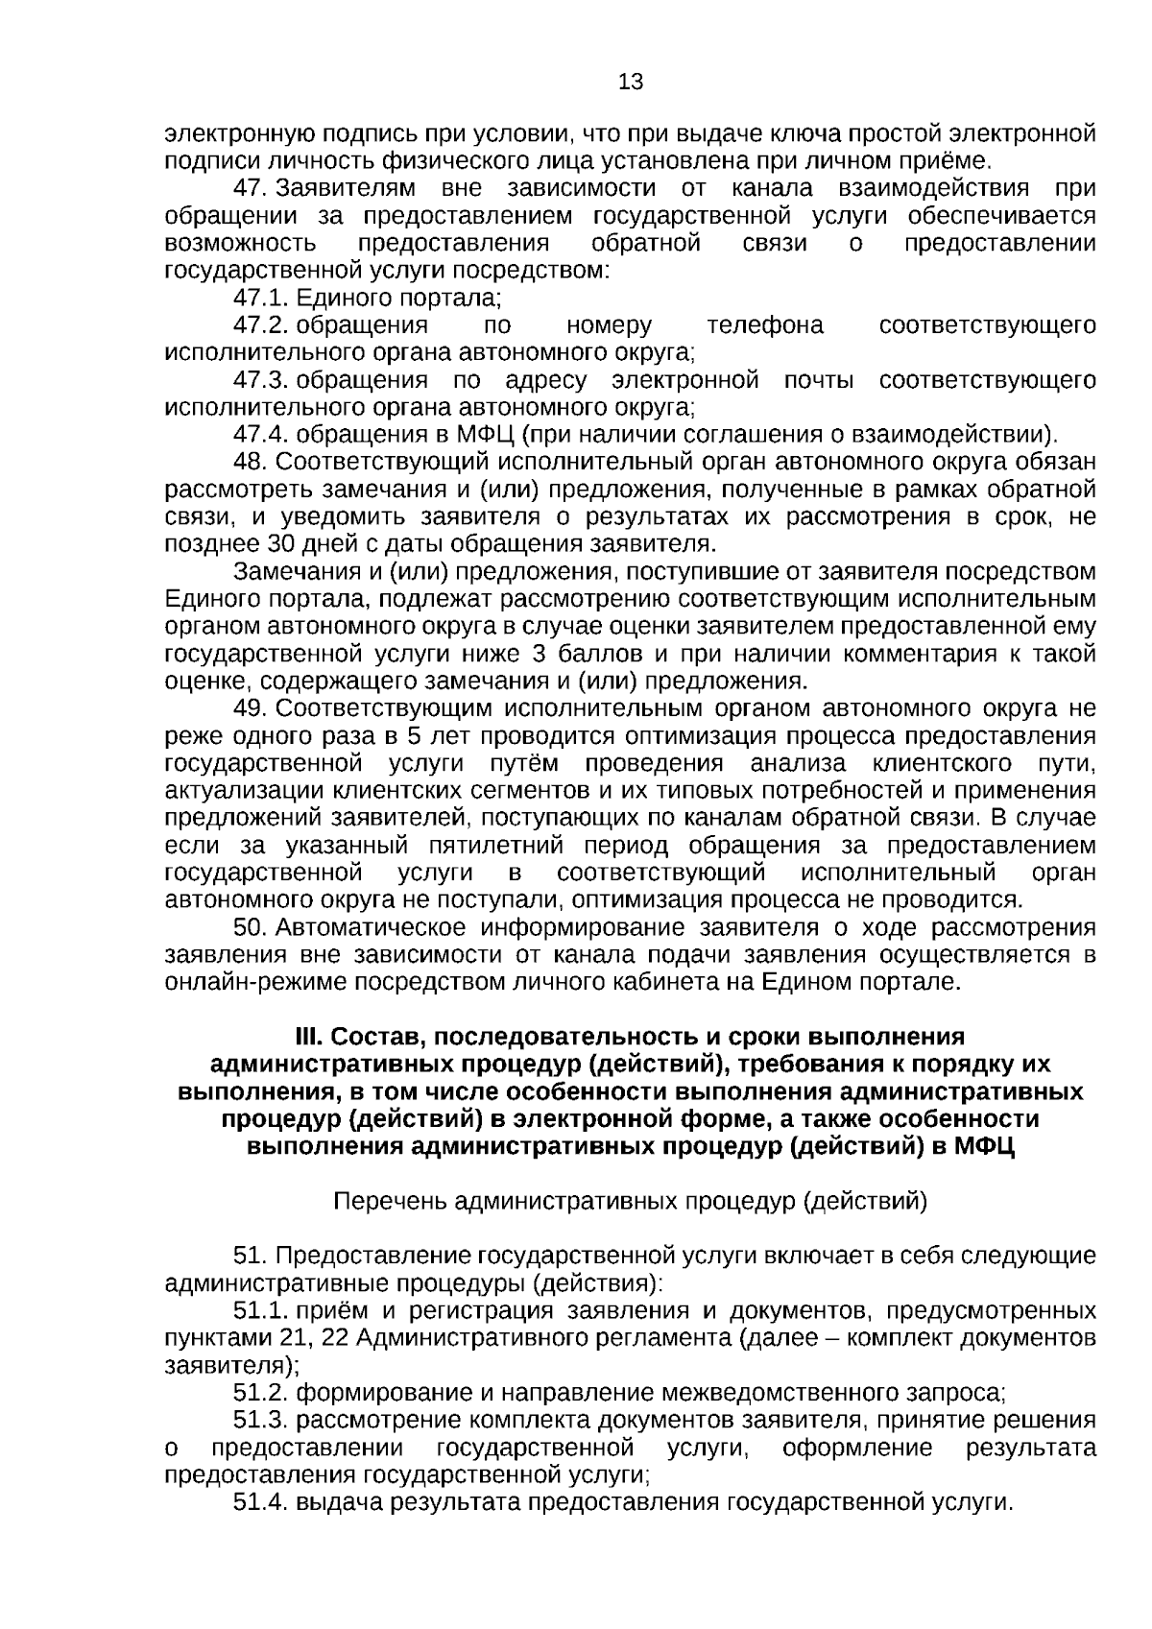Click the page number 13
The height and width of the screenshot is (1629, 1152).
pyautogui.click(x=631, y=82)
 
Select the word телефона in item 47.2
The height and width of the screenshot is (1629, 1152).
pyautogui.click(x=764, y=324)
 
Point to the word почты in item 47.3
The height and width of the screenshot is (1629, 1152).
pyautogui.click(x=819, y=380)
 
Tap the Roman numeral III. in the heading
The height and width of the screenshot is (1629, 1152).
pyautogui.click(x=310, y=1038)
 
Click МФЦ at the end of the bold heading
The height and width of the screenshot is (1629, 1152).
pyautogui.click(x=985, y=1147)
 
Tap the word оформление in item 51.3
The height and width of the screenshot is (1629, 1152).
pyautogui.click(x=856, y=1447)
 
